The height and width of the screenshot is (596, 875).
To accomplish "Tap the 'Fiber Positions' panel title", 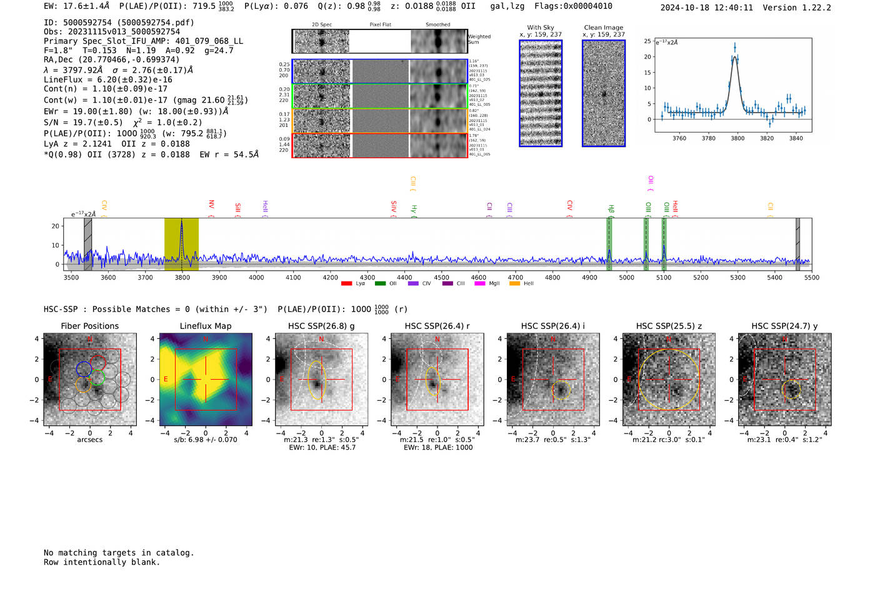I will pos(89,326).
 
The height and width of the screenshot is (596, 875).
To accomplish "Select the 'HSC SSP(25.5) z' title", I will pos(669,326).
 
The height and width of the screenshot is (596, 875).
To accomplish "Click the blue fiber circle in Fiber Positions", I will pos(84,368).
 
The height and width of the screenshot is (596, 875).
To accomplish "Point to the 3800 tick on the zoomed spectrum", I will pos(737,138).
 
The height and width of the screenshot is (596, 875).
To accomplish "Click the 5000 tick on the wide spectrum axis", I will pos(626,277).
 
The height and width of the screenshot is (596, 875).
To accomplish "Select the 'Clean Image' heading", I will pos(603,28).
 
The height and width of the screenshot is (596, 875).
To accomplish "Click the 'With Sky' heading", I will pos(541,28).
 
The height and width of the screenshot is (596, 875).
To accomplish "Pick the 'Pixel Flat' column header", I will pos(380,24).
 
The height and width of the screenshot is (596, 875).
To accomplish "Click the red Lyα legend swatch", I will pos(346,283).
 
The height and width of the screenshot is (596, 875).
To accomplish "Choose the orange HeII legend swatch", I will pos(514,283).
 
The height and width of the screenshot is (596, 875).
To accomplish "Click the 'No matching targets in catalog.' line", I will pos(119,552).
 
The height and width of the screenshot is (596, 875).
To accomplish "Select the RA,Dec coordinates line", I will pos(111,59).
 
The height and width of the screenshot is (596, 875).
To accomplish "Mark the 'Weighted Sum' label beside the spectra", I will pos(479,39).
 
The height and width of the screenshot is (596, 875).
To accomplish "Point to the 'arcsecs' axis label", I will pos(89,440).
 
